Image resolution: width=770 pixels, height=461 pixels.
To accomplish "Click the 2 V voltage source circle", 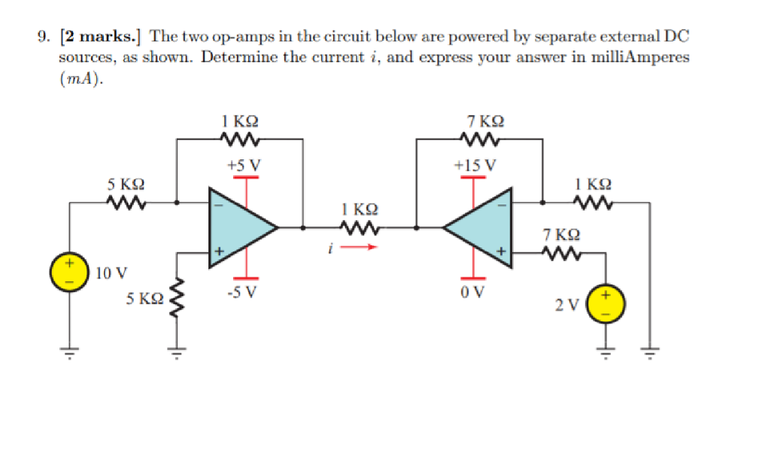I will point(607,304).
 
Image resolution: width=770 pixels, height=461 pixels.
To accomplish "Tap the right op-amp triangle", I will point(481,226).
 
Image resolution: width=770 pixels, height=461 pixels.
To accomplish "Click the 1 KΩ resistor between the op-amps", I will point(359,226).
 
